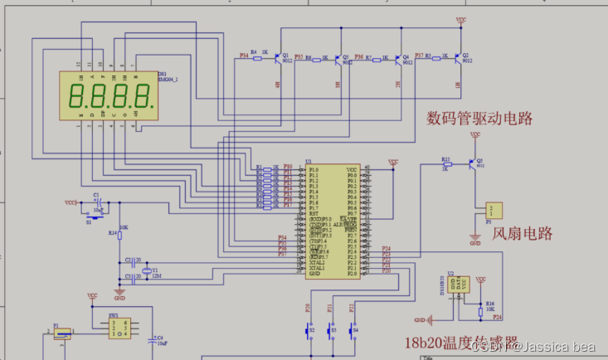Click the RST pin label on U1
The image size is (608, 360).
tap(313, 213)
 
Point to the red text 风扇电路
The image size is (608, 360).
tap(523, 234)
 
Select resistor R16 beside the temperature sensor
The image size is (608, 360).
tap(483, 309)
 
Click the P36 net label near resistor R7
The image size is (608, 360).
tap(358, 56)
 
